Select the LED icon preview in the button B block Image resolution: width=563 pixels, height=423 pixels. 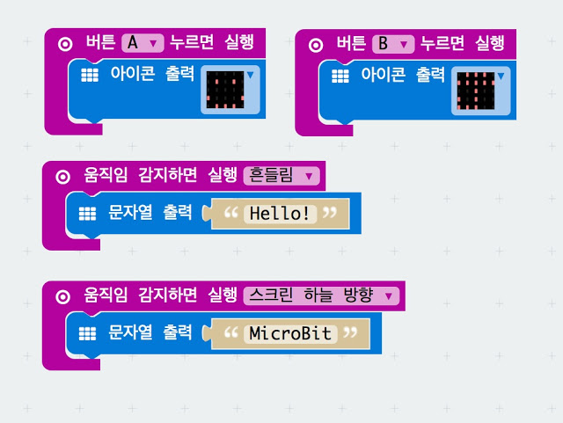tap(475, 91)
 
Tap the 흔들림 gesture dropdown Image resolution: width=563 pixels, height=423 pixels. tap(280, 176)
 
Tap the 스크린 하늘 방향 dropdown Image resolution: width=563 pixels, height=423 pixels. tap(321, 295)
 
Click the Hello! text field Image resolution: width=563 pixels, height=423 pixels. tap(280, 213)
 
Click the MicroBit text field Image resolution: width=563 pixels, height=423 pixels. tap(290, 334)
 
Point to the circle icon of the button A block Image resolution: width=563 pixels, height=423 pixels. tap(63, 42)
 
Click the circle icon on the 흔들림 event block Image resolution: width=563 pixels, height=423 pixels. tap(62, 176)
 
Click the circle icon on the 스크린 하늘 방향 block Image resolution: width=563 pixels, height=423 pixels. tap(62, 296)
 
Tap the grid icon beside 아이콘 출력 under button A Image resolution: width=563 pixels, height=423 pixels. tap(89, 77)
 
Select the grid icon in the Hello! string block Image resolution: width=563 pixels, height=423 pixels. tap(86, 213)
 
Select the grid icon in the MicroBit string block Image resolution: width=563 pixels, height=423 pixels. tap(86, 333)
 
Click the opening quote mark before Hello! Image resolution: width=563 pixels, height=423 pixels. tap(231, 213)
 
